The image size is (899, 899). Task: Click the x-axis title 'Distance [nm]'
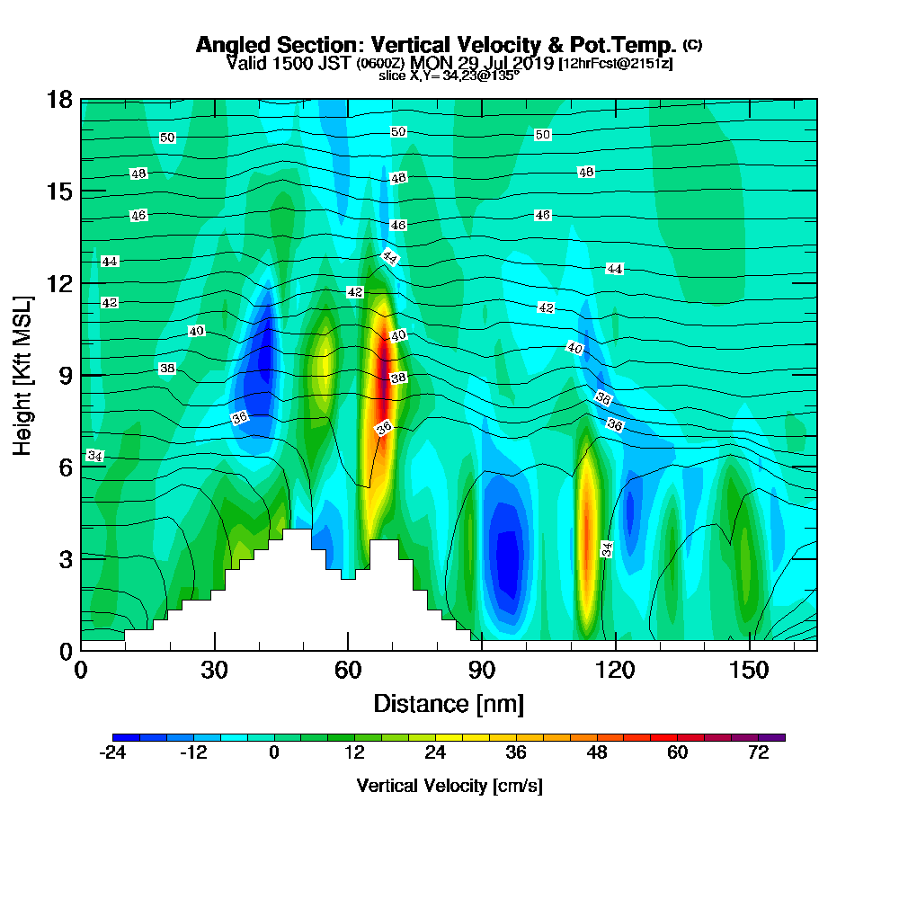(449, 702)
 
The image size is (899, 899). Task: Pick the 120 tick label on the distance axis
(616, 670)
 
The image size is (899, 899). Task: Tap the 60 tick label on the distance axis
(348, 670)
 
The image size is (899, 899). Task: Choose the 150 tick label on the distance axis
(749, 670)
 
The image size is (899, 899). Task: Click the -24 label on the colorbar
(112, 753)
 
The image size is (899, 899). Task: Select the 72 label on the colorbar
(758, 753)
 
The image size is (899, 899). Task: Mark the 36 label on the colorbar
(516, 753)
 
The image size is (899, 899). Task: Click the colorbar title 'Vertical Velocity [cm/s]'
(449, 786)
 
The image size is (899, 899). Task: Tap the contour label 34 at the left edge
(94, 457)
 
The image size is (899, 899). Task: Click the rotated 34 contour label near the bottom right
(607, 549)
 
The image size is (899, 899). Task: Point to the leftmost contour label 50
(167, 138)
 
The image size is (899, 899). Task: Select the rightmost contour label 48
(586, 172)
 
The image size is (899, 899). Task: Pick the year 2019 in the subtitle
(530, 63)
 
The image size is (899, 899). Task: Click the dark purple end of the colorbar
(778, 737)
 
